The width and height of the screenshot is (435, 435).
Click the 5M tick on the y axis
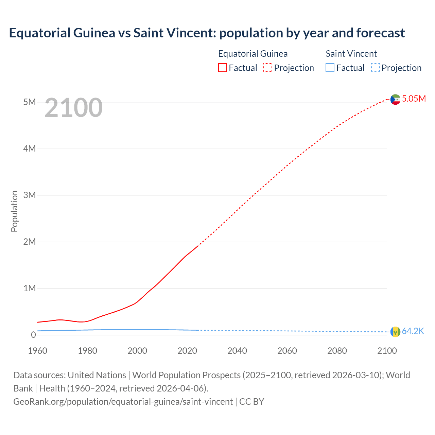click(x=30, y=102)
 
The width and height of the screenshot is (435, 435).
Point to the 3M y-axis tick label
click(x=30, y=195)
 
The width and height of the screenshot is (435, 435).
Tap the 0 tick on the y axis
click(x=33, y=335)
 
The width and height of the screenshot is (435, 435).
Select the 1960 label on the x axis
click(x=38, y=351)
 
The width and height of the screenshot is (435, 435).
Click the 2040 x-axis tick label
click(x=237, y=351)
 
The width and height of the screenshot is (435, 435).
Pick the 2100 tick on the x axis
click(x=387, y=351)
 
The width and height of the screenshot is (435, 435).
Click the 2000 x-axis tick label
click(x=137, y=351)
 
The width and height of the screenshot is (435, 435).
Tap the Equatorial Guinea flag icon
click(x=395, y=99)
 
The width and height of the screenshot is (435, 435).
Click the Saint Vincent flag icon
click(x=395, y=332)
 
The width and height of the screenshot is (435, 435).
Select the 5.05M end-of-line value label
click(x=414, y=99)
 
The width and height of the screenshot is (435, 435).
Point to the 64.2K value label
click(x=413, y=331)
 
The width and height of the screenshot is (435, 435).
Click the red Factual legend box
click(x=223, y=68)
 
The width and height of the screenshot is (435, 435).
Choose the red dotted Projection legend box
click(x=268, y=68)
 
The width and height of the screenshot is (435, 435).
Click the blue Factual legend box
click(x=330, y=68)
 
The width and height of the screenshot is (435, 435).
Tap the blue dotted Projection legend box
click(x=375, y=68)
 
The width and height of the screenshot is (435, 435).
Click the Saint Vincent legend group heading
click(x=351, y=54)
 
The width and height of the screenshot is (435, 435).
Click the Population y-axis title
click(x=14, y=211)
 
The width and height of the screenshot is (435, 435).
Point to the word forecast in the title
click(x=380, y=33)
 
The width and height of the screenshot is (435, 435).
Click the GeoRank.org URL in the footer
click(x=123, y=402)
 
